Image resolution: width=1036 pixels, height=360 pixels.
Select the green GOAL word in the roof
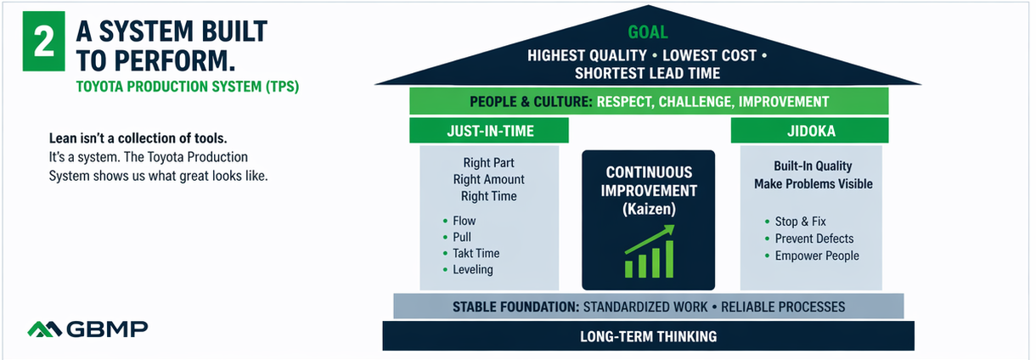tap(647, 33)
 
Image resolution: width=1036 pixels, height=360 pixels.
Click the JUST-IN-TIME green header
tap(490, 130)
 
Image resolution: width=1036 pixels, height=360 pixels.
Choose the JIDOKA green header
tap(810, 130)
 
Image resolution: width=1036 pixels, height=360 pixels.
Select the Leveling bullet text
tap(473, 270)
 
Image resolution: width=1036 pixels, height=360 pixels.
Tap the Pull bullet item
tap(462, 237)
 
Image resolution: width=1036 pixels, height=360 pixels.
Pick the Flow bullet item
tap(465, 221)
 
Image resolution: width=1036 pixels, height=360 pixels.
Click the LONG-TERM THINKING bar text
tap(648, 336)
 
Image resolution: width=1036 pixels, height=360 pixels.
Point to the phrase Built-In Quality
tap(813, 166)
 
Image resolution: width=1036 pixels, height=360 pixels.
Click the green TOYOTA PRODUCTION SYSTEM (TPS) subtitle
tap(187, 87)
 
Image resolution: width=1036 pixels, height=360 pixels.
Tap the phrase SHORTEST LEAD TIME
tap(647, 74)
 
